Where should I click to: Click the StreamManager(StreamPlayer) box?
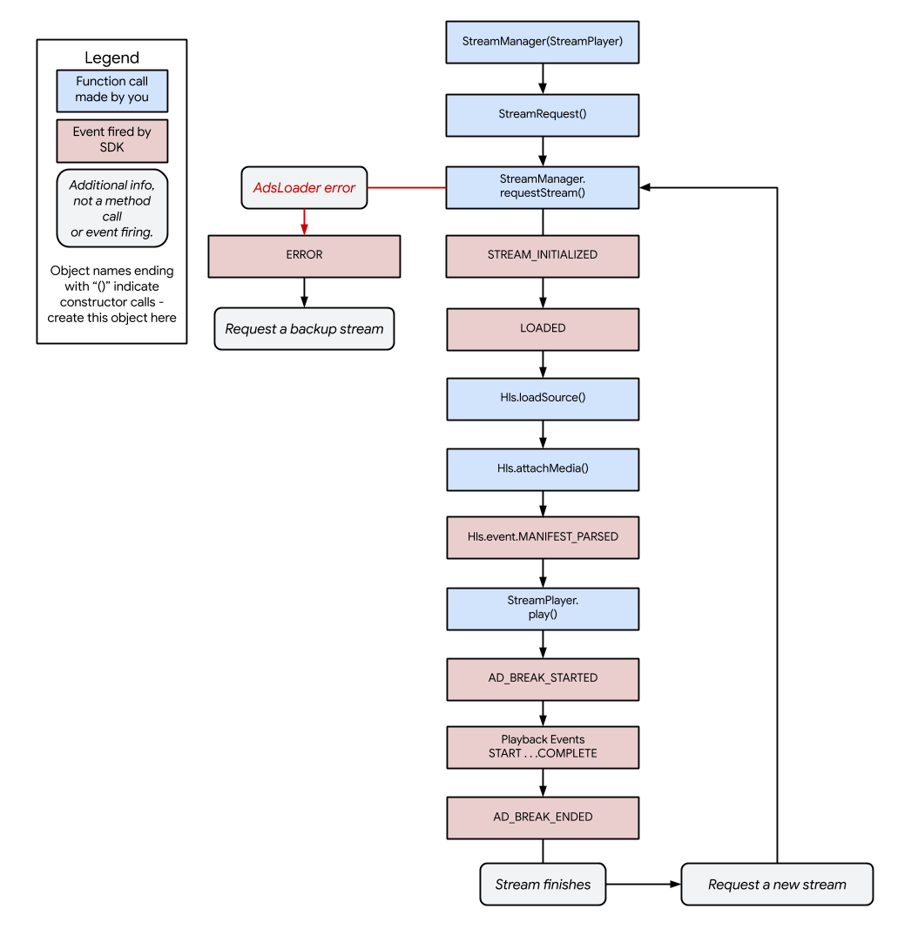542,42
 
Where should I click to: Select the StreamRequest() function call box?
542,115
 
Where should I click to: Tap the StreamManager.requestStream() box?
542,187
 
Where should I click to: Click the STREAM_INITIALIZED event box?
542,256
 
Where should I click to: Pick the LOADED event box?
542,329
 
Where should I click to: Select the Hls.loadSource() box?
542,399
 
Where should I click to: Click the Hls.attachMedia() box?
542,469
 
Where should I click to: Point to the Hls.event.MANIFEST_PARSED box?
542,537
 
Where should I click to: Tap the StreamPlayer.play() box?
542,609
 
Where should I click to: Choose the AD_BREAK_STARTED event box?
542,679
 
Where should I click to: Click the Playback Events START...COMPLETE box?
542,747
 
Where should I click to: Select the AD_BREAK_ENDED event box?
542,818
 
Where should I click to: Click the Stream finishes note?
543,885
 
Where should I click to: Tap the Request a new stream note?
777,885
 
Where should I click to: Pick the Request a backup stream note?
304,329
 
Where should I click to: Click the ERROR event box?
304,256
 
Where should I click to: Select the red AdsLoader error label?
304,188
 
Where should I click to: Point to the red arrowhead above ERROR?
304,229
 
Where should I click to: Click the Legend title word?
111,58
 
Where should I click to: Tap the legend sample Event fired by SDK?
111,140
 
